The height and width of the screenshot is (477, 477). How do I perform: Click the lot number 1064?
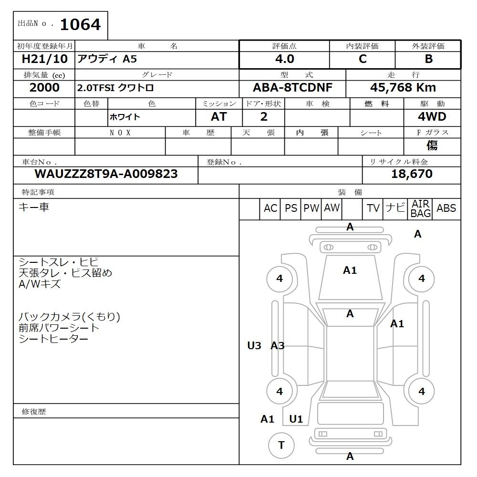80,25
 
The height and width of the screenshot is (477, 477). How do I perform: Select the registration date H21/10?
44,59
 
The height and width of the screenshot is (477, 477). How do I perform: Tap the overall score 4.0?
285,59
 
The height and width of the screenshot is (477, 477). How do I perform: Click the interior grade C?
363,59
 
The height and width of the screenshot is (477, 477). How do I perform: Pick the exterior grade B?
429,59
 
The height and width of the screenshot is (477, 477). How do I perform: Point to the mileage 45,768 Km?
403,88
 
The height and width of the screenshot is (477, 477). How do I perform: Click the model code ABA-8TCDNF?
292,88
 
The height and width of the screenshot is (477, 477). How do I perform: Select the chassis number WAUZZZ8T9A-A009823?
106,174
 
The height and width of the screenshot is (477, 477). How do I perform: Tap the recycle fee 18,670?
412,174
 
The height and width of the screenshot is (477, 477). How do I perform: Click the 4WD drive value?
432,116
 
